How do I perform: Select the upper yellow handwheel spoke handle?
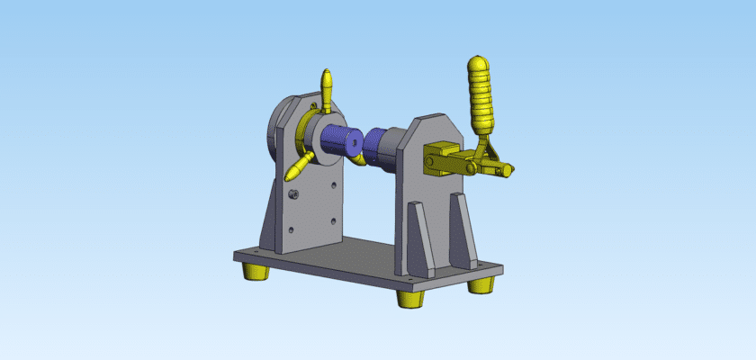[328, 89]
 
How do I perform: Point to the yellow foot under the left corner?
[255, 271]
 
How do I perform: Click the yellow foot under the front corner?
[412, 298]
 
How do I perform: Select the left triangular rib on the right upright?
[419, 238]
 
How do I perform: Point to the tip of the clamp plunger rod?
[511, 168]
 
